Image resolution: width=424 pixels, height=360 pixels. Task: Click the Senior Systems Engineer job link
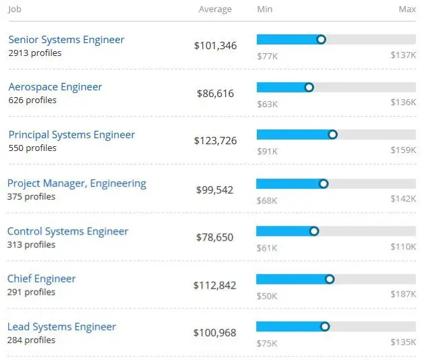pos(66,40)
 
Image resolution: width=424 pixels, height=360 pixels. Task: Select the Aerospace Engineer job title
pos(55,87)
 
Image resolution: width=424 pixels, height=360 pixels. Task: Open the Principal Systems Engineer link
pos(71,135)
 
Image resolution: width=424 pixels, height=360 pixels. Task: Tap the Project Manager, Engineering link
pos(76,183)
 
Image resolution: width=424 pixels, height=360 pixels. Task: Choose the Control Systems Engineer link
pos(67,231)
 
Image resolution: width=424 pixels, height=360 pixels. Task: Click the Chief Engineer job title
pos(41,279)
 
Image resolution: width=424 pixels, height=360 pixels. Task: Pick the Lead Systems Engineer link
pos(61,327)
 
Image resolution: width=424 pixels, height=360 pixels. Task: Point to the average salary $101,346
pos(215,46)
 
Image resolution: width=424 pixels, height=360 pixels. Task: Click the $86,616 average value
pos(215,94)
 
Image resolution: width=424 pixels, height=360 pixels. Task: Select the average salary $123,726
pos(215,142)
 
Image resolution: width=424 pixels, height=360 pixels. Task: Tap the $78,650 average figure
pos(214,238)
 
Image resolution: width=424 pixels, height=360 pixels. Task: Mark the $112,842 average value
pos(214,286)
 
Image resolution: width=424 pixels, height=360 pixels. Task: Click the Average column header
pos(215,9)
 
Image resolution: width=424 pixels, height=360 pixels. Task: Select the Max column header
pos(407,9)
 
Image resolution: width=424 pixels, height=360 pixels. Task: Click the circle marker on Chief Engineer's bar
pos(330,279)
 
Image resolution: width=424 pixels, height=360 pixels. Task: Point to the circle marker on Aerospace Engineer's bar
pos(309,87)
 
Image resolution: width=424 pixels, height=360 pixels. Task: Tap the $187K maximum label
pos(403,295)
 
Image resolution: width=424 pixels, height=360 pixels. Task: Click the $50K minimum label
pos(267,295)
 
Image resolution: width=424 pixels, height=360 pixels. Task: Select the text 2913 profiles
pos(34,53)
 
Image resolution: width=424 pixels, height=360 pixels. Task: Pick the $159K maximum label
pos(403,150)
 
